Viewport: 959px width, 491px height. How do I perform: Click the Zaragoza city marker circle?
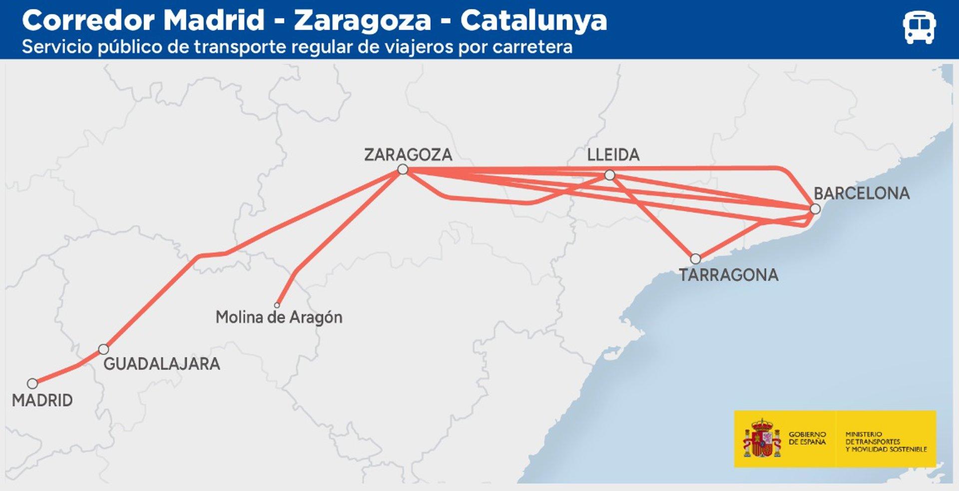[x=403, y=170]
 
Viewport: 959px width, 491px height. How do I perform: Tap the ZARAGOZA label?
[x=408, y=155]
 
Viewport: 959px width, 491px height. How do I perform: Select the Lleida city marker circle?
[x=609, y=175]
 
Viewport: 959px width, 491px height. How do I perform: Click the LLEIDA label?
[x=613, y=155]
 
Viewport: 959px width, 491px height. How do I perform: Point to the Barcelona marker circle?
[x=815, y=209]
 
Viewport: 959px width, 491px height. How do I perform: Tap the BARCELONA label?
[x=862, y=193]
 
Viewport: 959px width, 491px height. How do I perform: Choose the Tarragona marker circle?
[x=695, y=259]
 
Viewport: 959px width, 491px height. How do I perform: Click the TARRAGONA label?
[x=728, y=275]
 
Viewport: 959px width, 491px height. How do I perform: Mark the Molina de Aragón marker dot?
[x=277, y=305]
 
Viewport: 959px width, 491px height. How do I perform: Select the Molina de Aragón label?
[x=279, y=317]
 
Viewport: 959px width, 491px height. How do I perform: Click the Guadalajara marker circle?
[x=103, y=349]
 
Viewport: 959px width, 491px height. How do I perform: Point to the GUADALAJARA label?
[x=161, y=364]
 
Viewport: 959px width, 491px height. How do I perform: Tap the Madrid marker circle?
[x=32, y=384]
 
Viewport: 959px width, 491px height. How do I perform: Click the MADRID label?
[x=42, y=400]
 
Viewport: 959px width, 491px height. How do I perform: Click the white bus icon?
[x=919, y=27]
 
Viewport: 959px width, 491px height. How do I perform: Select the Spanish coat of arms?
[x=761, y=439]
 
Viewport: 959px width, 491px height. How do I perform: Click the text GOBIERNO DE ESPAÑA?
[x=807, y=438]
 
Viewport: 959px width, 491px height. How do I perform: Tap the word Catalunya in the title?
[x=533, y=20]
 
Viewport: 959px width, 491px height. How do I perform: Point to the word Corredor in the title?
[x=88, y=20]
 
